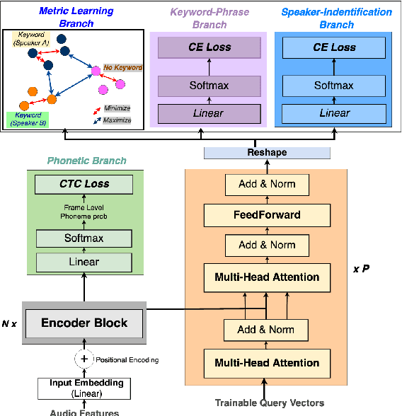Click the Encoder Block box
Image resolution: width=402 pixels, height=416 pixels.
click(84, 323)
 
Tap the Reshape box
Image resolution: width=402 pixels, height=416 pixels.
click(267, 154)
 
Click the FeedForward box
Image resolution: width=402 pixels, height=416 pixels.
click(267, 214)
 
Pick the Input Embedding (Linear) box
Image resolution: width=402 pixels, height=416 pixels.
click(84, 387)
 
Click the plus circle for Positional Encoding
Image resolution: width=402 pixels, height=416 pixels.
click(84, 359)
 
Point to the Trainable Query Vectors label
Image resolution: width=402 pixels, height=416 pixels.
click(270, 403)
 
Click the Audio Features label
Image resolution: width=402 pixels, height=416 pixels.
click(84, 412)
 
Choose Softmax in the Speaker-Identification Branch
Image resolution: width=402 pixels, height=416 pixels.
click(334, 86)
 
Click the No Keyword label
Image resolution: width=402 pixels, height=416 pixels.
click(123, 68)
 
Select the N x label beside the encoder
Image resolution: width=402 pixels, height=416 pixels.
click(10, 323)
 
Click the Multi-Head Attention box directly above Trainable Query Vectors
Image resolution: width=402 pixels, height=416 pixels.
click(267, 363)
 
